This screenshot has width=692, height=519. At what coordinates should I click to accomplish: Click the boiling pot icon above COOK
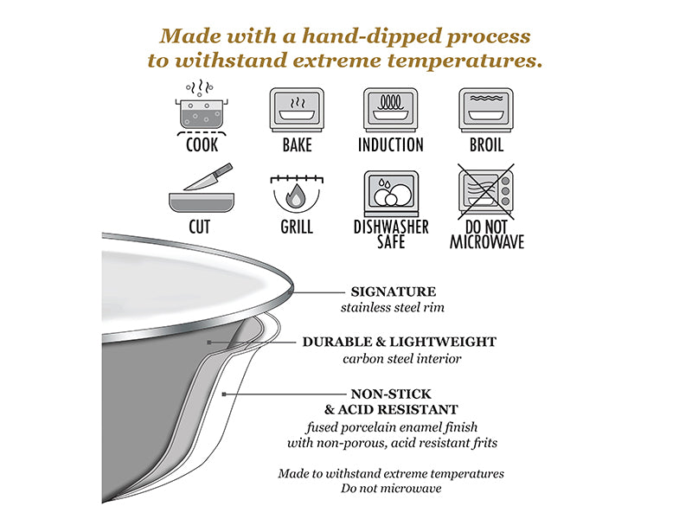(x=202, y=107)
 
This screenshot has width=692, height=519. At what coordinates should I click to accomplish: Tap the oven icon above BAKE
(x=297, y=110)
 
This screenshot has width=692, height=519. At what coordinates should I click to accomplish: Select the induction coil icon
(x=391, y=110)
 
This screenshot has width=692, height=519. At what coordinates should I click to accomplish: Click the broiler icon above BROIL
(x=486, y=110)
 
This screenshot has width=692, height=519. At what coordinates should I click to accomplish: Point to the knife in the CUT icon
(x=208, y=177)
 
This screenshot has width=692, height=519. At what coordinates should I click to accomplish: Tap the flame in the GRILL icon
(x=296, y=195)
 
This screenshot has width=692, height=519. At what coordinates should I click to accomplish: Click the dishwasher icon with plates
(x=391, y=193)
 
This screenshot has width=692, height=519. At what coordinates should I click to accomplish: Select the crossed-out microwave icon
(x=486, y=191)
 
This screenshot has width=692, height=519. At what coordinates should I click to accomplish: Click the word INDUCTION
(x=391, y=144)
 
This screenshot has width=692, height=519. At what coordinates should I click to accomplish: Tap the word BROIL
(x=486, y=144)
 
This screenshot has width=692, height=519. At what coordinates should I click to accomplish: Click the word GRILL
(x=297, y=227)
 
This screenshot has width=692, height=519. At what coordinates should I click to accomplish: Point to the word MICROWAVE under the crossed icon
(x=487, y=242)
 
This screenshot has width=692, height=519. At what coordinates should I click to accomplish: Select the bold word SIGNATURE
(x=394, y=292)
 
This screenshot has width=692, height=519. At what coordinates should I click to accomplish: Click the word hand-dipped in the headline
(x=372, y=36)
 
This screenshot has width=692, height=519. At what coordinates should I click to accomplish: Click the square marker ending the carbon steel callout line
(x=209, y=342)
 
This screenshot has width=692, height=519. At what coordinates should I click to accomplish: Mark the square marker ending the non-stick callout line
(x=224, y=394)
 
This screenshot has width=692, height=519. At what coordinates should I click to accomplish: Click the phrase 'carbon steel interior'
(x=402, y=358)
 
